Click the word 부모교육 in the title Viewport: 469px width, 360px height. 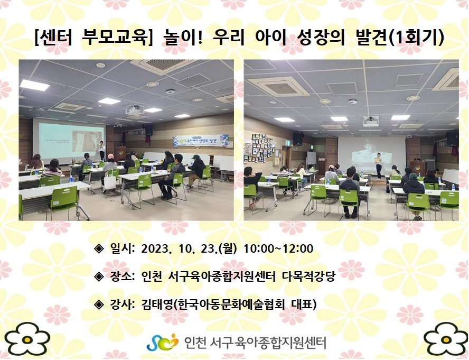pyautogui.click(x=115, y=39)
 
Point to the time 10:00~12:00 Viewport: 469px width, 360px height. pyautogui.click(x=278, y=248)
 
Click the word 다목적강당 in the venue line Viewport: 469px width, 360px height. pyautogui.click(x=308, y=276)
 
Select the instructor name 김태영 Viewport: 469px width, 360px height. pyautogui.click(x=156, y=304)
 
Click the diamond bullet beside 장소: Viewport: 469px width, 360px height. pyautogui.click(x=99, y=276)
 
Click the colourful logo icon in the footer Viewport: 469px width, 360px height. pyautogui.click(x=163, y=343)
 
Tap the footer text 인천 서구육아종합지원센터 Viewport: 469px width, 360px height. pyautogui.click(x=255, y=343)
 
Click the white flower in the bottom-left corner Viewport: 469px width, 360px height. pyautogui.click(x=27, y=339)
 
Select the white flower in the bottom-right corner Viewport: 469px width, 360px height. pyautogui.click(x=446, y=339)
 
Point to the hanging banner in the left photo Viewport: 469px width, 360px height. pyautogui.click(x=201, y=141)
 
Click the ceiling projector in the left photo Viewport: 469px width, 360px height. pyautogui.click(x=134, y=109)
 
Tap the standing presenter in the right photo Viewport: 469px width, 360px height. pyautogui.click(x=379, y=165)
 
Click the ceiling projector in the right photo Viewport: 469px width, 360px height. pyautogui.click(x=371, y=121)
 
